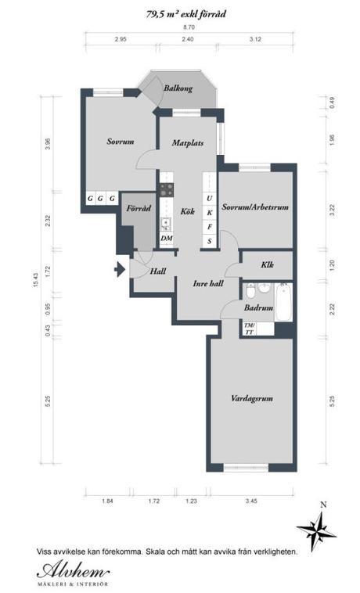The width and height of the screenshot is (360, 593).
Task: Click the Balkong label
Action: click(178, 88)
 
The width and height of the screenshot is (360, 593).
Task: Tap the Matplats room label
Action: click(188, 143)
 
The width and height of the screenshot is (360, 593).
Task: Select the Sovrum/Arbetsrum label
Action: click(255, 207)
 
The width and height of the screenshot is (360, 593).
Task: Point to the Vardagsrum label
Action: click(252, 399)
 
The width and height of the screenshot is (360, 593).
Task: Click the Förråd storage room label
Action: click(139, 208)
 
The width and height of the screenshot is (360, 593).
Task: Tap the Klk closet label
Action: click(268, 264)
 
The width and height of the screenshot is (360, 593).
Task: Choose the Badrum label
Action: click(259, 308)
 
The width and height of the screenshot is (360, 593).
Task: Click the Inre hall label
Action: click(208, 284)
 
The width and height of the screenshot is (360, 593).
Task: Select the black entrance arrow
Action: click(120, 269)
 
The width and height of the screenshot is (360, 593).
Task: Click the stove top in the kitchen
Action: click(167, 190)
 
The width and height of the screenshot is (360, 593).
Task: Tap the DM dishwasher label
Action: click(167, 239)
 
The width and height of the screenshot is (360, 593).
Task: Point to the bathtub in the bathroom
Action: click(283, 302)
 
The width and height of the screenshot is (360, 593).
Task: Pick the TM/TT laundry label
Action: click(250, 329)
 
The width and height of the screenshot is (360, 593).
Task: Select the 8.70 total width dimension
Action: click(189, 27)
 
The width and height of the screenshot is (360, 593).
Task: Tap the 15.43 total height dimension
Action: click(36, 280)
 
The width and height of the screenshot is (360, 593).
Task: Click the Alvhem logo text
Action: click(74, 570)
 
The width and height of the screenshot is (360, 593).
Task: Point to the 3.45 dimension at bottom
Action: click(251, 501)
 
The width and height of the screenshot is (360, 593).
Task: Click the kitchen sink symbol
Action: click(166, 225)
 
